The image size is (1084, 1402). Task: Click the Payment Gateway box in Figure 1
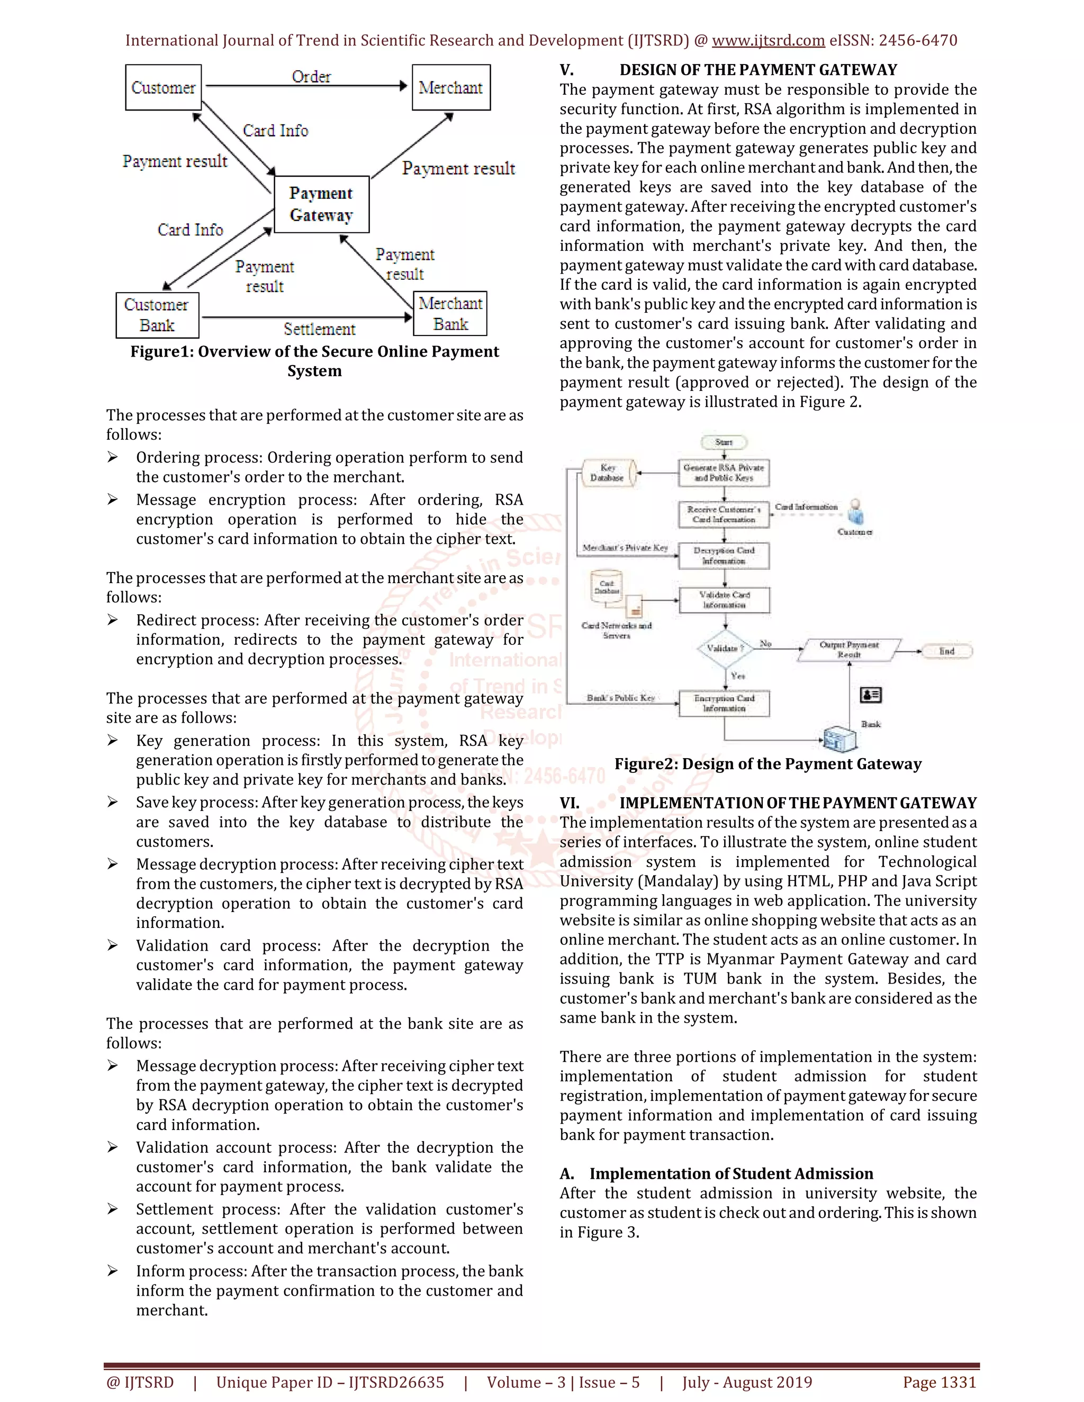tap(321, 204)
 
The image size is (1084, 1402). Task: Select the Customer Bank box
tap(157, 315)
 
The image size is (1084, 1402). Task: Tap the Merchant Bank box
tap(450, 313)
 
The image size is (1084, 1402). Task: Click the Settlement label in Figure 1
tap(319, 329)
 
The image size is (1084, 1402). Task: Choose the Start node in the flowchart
tap(724, 442)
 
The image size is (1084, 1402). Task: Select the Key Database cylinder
tap(608, 472)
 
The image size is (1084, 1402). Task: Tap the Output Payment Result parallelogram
tap(849, 650)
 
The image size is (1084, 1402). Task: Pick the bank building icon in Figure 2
tap(841, 738)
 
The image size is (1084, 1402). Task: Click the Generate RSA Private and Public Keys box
tap(724, 472)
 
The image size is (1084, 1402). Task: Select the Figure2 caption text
tap(767, 764)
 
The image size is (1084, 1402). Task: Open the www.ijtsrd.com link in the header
tap(768, 40)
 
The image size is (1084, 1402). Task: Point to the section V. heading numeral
tap(566, 70)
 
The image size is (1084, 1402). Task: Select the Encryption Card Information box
tap(724, 703)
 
